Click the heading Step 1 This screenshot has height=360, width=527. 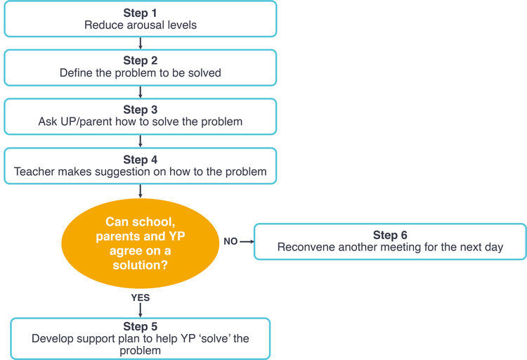140,13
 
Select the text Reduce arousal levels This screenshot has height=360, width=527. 141,25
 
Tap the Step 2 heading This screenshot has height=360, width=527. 140,60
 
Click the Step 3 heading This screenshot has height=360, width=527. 140,110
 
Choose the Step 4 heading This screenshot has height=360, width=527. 140,159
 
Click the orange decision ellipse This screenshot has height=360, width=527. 140,243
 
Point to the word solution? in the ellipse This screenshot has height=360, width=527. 140,265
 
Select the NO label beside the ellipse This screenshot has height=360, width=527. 230,241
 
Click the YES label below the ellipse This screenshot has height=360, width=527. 141,297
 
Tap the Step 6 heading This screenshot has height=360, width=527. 390,235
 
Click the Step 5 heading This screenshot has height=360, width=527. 140,326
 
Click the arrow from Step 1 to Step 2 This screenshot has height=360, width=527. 140,44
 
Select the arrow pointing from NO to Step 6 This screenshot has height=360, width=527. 247,242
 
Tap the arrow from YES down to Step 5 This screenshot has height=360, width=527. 140,310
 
